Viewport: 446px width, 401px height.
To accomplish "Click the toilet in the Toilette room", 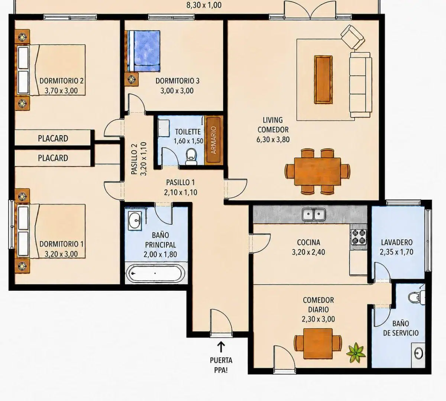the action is [191, 157].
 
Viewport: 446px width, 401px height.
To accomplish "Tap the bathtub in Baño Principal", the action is [155, 273].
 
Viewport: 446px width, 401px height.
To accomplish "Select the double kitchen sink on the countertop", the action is [313, 214].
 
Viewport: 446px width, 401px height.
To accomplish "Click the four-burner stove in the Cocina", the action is [358, 236].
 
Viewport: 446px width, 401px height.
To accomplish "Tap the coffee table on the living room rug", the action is [323, 79].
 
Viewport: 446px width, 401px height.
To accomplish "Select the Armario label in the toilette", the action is [214, 140].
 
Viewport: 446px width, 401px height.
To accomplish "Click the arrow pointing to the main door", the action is [221, 347].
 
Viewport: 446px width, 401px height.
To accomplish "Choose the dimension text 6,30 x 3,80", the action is [273, 140].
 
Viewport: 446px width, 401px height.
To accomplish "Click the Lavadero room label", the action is [397, 242].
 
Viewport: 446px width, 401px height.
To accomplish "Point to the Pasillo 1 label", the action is [180, 182].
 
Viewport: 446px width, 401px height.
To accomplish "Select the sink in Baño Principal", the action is [135, 220].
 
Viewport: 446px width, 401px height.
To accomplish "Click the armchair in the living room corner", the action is [353, 37].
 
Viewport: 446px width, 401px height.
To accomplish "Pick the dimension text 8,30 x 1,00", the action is [204, 5].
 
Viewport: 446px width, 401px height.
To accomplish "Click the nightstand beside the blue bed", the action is [131, 79].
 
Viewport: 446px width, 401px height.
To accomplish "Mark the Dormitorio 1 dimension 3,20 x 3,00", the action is [61, 254].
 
